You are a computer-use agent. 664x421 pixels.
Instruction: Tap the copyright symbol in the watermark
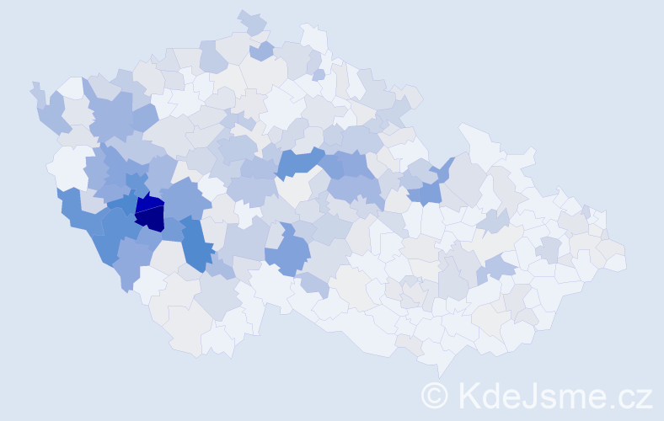435,395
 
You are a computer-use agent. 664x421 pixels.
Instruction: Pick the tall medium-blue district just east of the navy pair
195,243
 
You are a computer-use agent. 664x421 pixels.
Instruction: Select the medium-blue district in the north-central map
300,162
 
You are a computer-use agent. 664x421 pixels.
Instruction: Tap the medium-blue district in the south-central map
289,253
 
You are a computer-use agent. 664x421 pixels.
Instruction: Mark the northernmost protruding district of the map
252,20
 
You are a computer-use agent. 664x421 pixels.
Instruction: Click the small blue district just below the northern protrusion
262,51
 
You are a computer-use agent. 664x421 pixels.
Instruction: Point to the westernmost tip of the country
34,86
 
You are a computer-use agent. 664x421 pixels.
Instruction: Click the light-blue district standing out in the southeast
499,268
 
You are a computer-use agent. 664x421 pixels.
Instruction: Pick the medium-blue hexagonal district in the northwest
110,119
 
